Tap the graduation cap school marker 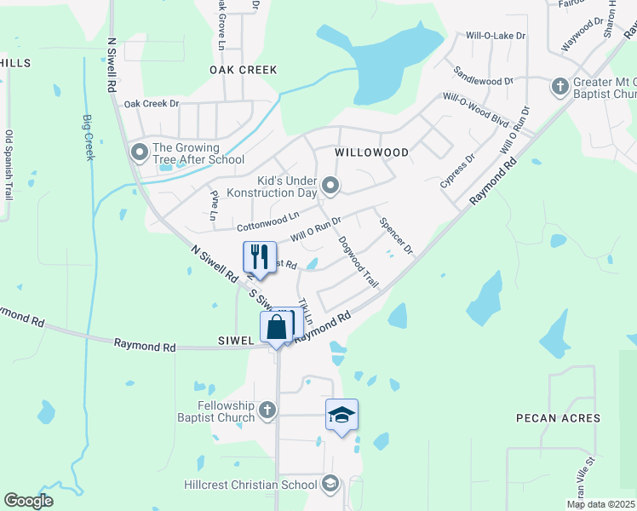[x=341, y=415]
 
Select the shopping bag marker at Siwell [x=278, y=327]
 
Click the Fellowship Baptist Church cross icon [x=267, y=411]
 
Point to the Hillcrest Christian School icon [x=330, y=485]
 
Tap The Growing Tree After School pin [x=139, y=153]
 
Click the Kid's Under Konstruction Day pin [x=331, y=185]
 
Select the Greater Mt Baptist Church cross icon [x=560, y=87]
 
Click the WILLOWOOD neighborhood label [x=371, y=152]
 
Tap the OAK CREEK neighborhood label [x=244, y=70]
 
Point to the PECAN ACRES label [x=558, y=418]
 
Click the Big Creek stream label [x=89, y=137]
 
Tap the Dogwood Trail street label [x=358, y=261]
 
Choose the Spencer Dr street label [x=396, y=238]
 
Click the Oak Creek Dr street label [x=152, y=104]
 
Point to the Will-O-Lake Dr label [x=496, y=37]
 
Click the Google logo [x=29, y=501]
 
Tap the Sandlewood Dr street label [x=484, y=75]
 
